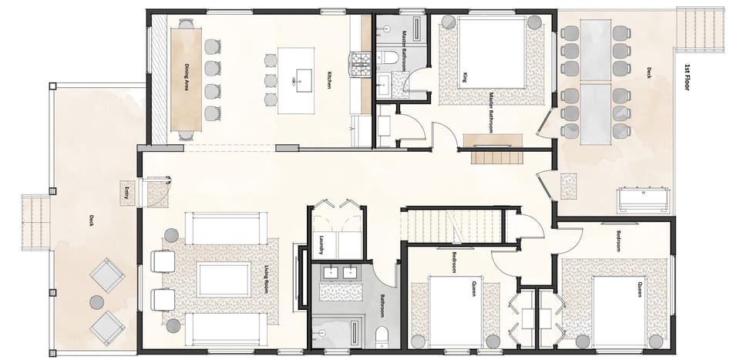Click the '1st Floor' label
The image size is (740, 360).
685,77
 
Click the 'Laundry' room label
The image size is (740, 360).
321,245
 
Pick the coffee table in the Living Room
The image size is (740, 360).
224,280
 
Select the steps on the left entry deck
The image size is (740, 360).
35,223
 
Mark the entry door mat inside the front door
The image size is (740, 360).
159,193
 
